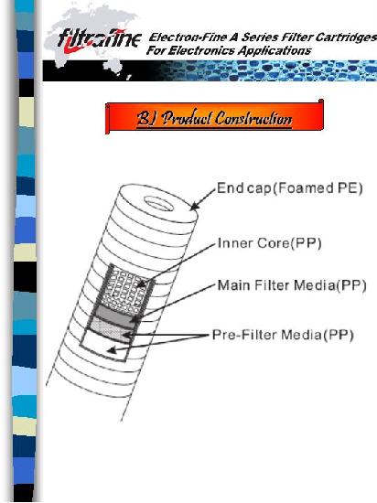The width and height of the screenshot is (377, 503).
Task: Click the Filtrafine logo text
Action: tap(100, 39)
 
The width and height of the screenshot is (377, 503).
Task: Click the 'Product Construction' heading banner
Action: tap(214, 117)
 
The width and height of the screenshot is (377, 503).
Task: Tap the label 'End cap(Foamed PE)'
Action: tap(290, 188)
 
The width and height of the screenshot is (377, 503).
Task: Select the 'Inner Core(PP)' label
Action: tap(269, 243)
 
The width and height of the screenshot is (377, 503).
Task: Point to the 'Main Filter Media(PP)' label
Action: tap(292, 285)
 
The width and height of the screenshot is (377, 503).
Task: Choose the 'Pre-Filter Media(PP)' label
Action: tap(283, 335)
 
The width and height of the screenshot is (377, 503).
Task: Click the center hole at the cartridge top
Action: tap(159, 204)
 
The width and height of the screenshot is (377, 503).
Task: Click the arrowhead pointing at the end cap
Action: tap(193, 207)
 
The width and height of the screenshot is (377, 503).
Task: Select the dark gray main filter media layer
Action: tap(115, 315)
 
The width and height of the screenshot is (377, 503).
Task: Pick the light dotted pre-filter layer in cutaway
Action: tap(110, 331)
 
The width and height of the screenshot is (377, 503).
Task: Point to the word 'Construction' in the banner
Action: tap(253, 118)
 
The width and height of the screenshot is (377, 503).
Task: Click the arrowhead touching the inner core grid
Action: tap(141, 284)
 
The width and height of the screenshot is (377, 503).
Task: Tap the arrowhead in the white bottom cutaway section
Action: tap(112, 350)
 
